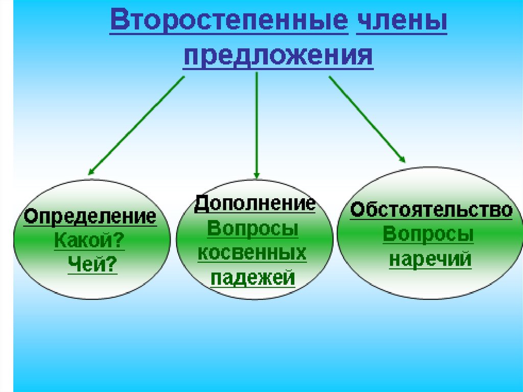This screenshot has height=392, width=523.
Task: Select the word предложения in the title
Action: tap(278, 55)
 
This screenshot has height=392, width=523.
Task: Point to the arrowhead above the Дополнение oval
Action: tap(256, 174)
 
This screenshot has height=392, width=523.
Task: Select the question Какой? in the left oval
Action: tap(89, 240)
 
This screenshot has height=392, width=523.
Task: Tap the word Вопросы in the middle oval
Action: tap(253, 229)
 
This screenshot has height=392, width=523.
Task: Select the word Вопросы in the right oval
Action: tap(429, 235)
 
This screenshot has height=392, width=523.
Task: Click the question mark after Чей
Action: tap(112, 264)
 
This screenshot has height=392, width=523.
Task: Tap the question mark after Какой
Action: tap(120, 240)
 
